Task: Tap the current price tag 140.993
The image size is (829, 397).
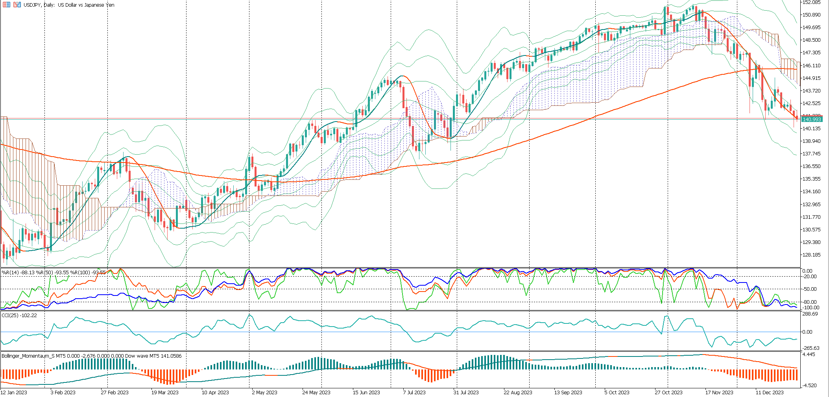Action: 811,119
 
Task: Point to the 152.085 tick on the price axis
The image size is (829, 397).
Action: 811,2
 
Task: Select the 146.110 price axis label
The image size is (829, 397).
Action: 811,66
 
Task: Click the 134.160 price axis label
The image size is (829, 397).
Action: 811,192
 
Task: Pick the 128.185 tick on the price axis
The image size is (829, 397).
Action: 811,255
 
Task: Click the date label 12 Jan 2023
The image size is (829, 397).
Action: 14,393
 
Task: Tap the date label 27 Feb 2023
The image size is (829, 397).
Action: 114,393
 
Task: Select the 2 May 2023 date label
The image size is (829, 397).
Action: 264,393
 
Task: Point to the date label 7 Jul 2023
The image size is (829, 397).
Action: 414,393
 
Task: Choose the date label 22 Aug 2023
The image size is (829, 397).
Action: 518,393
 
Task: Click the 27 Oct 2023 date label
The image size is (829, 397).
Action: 668,393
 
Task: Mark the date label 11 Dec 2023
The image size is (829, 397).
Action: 769,393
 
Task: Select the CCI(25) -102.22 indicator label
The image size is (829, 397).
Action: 19,316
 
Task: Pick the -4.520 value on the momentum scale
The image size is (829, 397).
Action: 809,386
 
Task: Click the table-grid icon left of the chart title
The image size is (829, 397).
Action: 6,5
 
